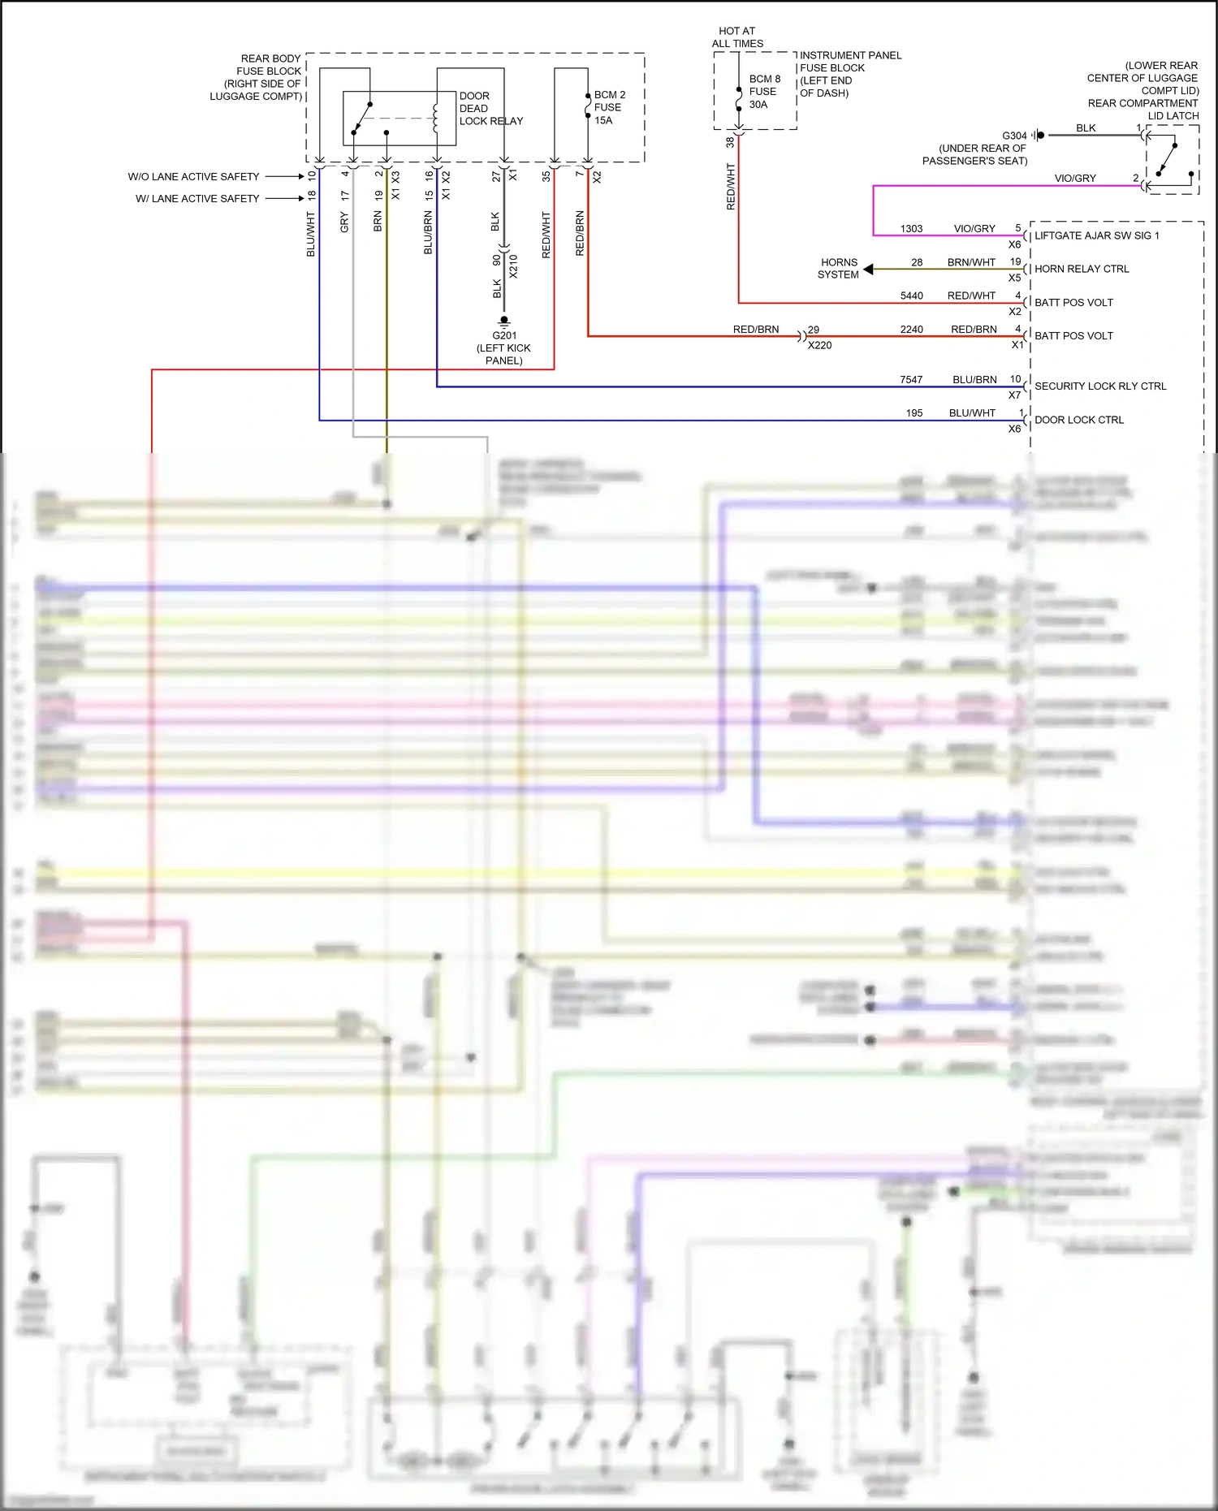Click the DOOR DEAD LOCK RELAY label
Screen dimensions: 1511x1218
pyautogui.click(x=490, y=108)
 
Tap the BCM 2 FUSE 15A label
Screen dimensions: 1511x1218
pyautogui.click(x=609, y=107)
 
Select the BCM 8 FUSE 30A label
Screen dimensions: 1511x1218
pyautogui.click(x=764, y=92)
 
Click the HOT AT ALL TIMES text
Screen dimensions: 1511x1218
pyautogui.click(x=737, y=37)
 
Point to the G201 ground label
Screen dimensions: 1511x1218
pyautogui.click(x=504, y=335)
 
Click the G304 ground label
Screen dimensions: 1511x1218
pyautogui.click(x=1014, y=136)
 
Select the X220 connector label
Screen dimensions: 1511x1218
pyautogui.click(x=819, y=345)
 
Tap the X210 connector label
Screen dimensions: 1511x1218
pyautogui.click(x=513, y=266)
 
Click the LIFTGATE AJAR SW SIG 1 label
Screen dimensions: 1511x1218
pyautogui.click(x=1096, y=235)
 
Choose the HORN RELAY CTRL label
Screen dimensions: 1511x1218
pyautogui.click(x=1082, y=269)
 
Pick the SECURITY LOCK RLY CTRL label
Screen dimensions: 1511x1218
pyautogui.click(x=1100, y=386)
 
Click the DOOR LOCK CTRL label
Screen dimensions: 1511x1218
pyautogui.click(x=1079, y=420)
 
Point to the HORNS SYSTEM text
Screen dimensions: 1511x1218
pyautogui.click(x=839, y=269)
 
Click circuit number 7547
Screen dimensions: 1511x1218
pyautogui.click(x=911, y=380)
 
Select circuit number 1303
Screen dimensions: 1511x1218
pyautogui.click(x=911, y=229)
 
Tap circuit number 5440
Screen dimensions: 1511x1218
pyautogui.click(x=911, y=296)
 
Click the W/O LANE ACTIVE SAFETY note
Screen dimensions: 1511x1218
pyautogui.click(x=193, y=176)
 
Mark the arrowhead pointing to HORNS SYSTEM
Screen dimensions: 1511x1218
pyautogui.click(x=868, y=269)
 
